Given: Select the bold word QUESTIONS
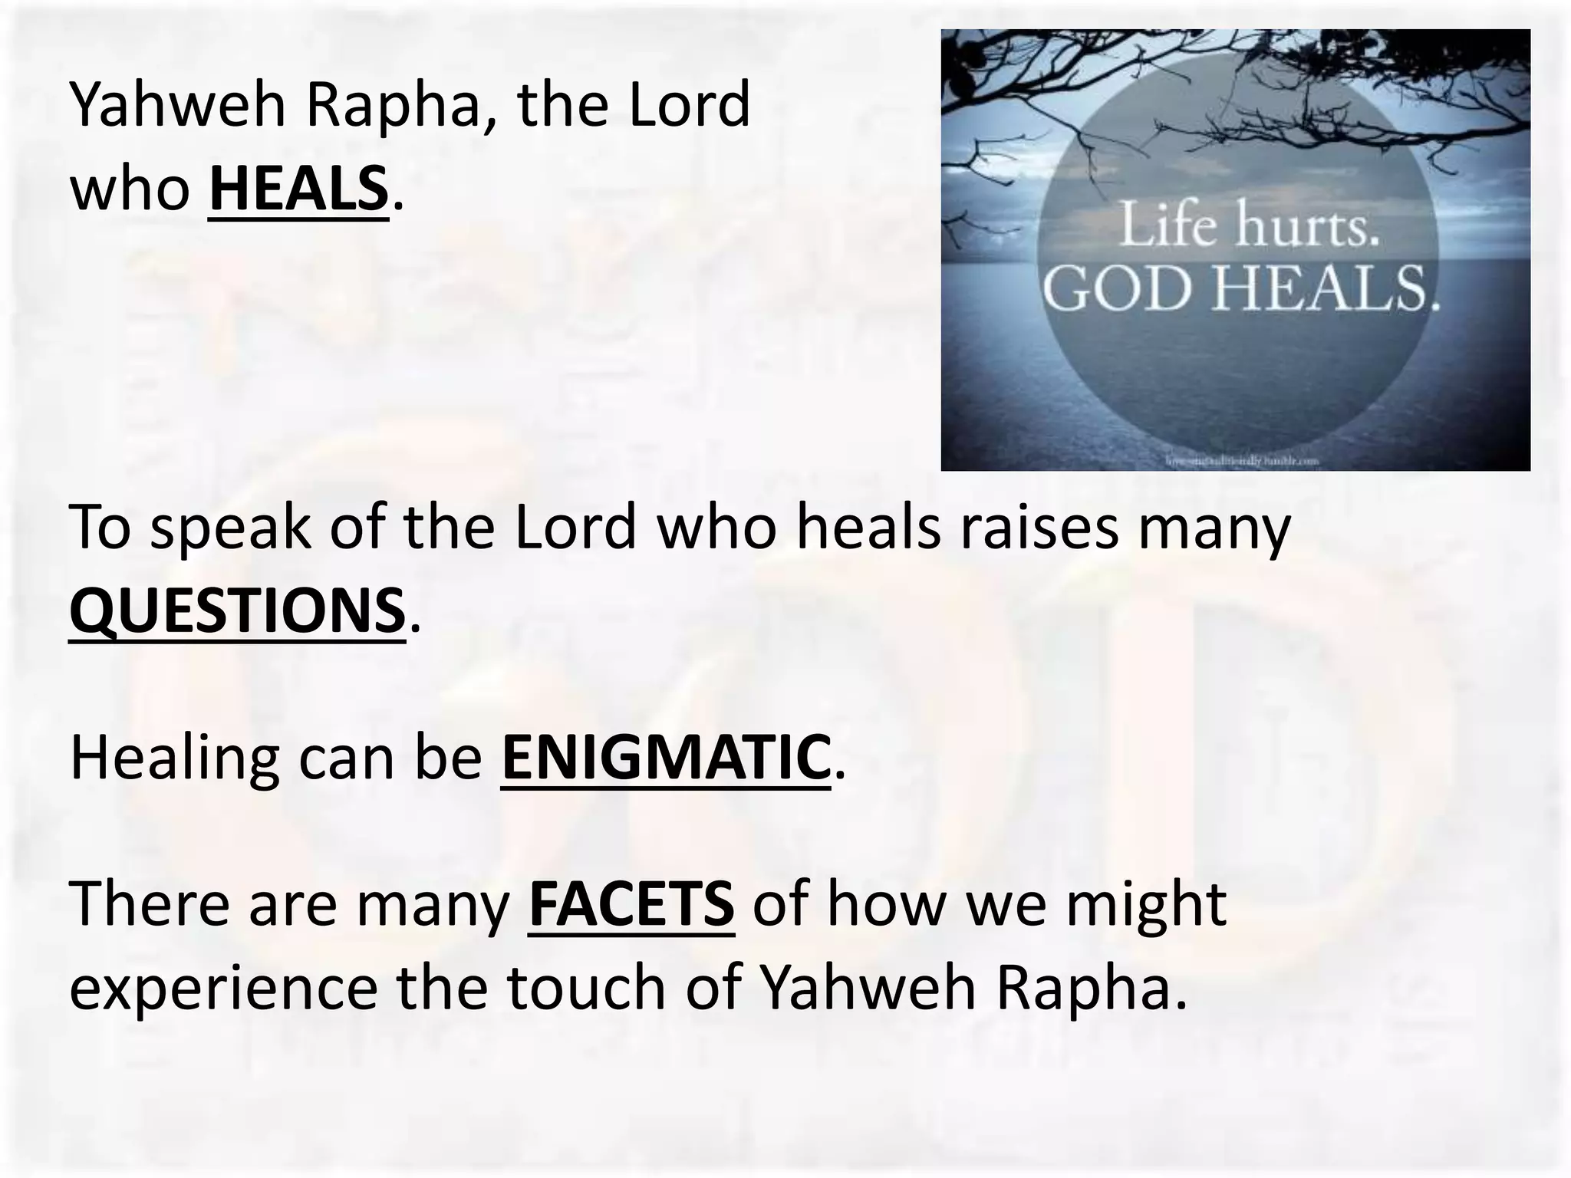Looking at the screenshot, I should (x=237, y=610).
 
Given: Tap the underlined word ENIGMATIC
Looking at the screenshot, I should (x=666, y=758).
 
